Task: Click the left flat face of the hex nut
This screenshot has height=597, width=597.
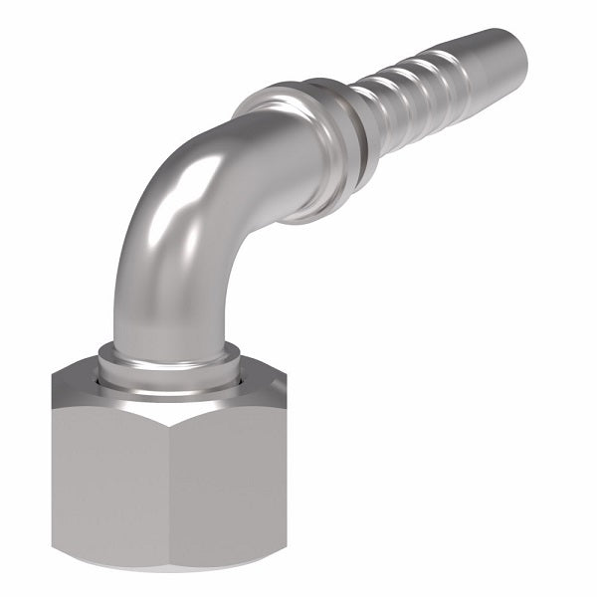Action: (109, 478)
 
